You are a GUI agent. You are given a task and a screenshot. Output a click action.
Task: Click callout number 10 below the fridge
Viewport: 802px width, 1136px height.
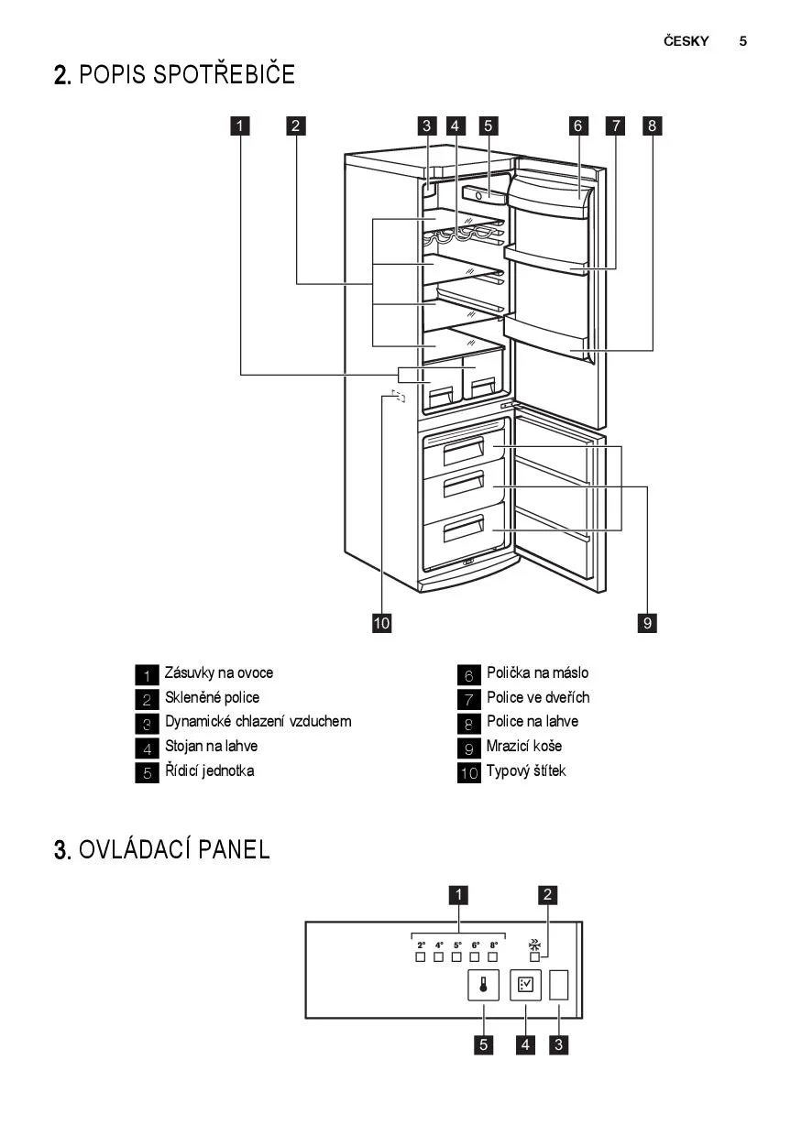[x=381, y=623]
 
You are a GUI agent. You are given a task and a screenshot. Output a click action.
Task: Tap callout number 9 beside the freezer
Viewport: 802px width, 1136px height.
[x=647, y=623]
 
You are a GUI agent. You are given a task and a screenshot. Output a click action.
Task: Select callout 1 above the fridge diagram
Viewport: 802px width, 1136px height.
[x=239, y=126]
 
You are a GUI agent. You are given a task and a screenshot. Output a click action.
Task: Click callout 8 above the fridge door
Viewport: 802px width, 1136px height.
[x=652, y=126]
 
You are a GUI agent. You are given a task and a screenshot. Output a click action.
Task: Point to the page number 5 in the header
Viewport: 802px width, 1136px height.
[x=743, y=41]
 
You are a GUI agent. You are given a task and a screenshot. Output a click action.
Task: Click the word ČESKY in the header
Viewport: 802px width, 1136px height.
[x=687, y=41]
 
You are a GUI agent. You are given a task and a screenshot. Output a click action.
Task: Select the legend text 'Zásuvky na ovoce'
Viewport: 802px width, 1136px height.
[x=219, y=672]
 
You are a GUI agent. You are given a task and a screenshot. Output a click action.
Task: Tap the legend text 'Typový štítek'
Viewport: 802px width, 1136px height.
[x=526, y=770]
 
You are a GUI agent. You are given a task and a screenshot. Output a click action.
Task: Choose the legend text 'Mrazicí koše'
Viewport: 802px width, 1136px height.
[x=524, y=746]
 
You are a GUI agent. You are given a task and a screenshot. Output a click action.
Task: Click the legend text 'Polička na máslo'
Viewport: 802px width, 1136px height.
[x=538, y=672]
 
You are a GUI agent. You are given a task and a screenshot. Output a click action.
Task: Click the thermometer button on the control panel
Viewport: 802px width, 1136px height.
[x=483, y=986]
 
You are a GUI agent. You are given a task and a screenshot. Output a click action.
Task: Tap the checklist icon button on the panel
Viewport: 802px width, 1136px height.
[x=526, y=986]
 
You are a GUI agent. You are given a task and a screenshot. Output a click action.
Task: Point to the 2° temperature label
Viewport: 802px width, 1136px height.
[x=422, y=945]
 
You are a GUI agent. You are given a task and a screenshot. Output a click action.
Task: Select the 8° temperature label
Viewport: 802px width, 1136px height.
[x=493, y=945]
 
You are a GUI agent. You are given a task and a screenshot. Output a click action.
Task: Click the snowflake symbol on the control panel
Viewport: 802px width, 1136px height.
[x=534, y=943]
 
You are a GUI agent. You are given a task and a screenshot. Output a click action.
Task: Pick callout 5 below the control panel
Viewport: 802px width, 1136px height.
[x=483, y=1044]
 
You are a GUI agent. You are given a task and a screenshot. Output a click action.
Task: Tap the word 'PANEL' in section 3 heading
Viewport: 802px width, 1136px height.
[x=234, y=849]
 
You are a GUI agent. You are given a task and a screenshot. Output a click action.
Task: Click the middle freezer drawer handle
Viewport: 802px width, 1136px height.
[x=463, y=486]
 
